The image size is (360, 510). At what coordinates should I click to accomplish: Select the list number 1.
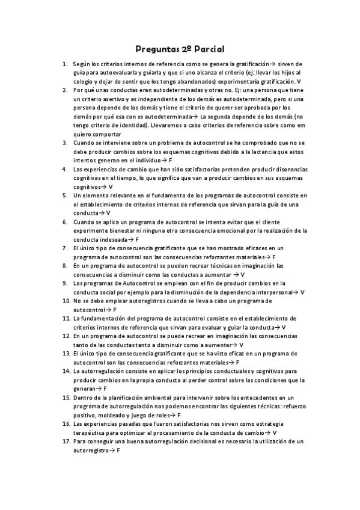coord(64,63)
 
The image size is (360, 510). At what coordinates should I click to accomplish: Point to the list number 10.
coord(66,301)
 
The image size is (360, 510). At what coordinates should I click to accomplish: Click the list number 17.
coord(66,441)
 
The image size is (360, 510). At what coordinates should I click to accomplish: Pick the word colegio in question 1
coord(84,81)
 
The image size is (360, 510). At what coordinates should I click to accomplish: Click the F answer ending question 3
coord(171,161)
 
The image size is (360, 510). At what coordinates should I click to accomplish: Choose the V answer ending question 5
coord(108,214)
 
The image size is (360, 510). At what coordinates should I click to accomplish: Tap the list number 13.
coord(66,354)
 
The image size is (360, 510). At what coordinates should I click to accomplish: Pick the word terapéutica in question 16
coord(91,432)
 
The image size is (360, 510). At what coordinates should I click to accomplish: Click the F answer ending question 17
coord(119,450)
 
